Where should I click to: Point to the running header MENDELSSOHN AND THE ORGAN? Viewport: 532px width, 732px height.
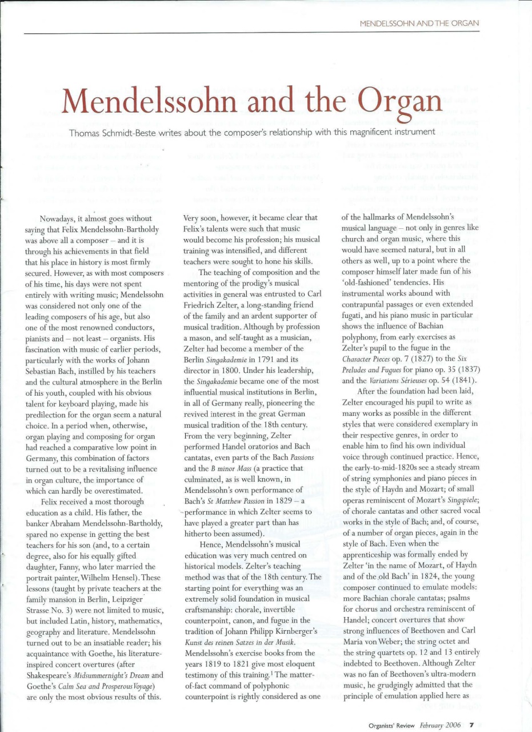(x=419, y=23)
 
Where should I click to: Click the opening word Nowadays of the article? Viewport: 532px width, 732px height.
(x=59, y=218)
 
